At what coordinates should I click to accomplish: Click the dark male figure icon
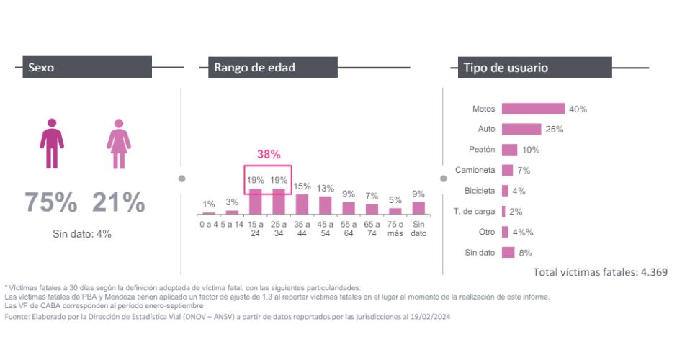52,143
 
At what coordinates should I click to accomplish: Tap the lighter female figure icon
119,144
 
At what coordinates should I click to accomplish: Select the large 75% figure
51,202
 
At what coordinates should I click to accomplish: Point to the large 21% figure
119,202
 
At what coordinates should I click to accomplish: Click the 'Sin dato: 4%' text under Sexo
82,234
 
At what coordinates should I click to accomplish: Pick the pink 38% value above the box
269,154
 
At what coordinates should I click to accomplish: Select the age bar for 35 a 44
302,204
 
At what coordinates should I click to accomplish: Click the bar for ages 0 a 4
209,213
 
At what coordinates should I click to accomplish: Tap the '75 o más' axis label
395,229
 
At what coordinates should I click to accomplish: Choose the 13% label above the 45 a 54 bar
325,188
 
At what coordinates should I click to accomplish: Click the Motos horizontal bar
533,109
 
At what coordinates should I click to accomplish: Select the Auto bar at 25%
521,129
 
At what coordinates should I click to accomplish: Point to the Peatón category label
482,149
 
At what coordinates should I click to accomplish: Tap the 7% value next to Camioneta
524,171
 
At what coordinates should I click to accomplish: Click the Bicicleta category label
480,190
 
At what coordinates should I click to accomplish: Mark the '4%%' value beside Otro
523,233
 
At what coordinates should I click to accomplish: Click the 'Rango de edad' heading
255,68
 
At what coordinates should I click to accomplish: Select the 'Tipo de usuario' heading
506,68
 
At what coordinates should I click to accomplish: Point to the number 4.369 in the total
654,272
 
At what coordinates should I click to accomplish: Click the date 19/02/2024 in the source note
430,317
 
